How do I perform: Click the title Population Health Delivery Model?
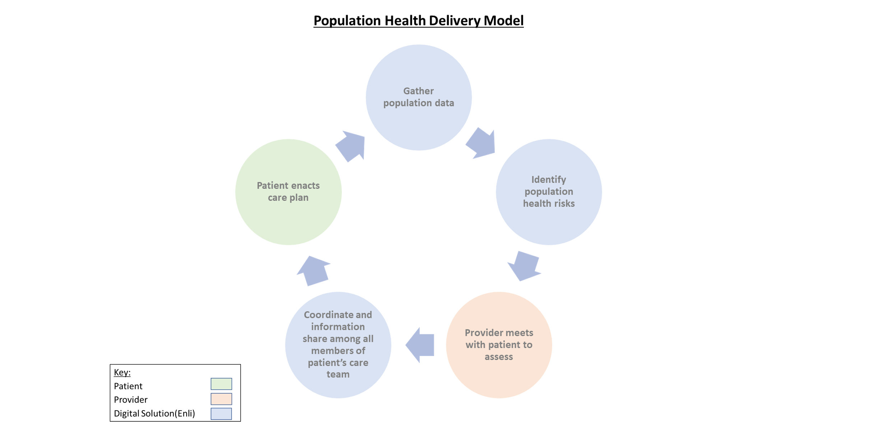point(418,20)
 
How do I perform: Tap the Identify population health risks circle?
point(549,223)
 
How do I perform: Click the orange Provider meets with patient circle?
point(499,377)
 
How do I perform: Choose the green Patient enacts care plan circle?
point(288,219)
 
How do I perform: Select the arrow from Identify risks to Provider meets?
point(525,266)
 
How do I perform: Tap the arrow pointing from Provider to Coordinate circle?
point(421,345)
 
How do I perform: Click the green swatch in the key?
point(221,384)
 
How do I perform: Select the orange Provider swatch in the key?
point(221,399)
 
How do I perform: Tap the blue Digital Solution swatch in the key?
point(221,413)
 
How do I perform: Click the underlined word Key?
point(122,372)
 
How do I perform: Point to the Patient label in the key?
point(128,386)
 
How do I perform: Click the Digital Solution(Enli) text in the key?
point(154,413)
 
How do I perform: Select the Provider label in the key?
point(131,400)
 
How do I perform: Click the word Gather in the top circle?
point(418,91)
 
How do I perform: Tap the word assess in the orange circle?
point(499,357)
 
